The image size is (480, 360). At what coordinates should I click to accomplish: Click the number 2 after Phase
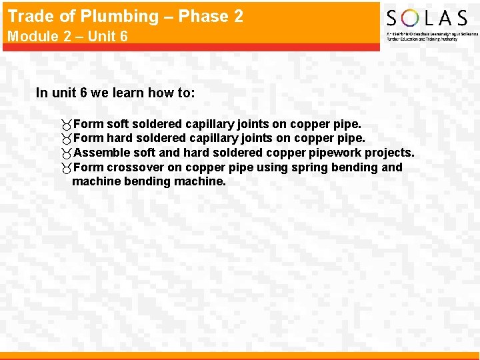tap(237, 16)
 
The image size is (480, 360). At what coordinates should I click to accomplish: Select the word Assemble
tap(100, 153)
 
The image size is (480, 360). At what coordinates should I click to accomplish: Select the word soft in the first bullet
tap(117, 124)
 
